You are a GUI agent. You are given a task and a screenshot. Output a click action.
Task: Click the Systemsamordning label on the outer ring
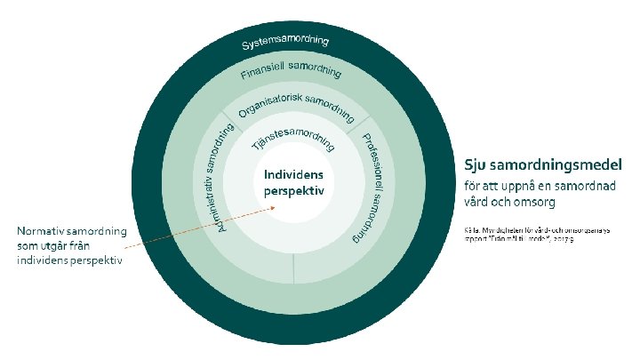pyautogui.click(x=286, y=43)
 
